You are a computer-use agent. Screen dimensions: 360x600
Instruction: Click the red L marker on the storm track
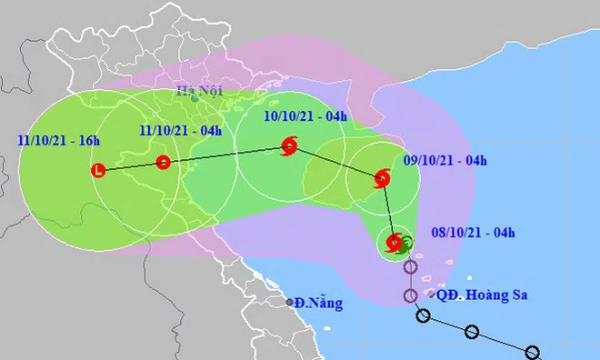98,170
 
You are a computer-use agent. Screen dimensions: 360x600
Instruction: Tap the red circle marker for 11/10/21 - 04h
163,163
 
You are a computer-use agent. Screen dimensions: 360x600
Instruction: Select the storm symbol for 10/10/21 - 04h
289,145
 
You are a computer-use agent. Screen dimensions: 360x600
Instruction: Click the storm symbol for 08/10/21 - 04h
395,243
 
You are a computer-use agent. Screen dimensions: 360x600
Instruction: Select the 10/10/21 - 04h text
304,116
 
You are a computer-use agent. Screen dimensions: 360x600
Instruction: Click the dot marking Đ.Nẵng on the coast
290,302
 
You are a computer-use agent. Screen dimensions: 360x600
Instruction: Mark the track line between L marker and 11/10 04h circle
130,166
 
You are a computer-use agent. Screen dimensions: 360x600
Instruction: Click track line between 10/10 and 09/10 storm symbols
335,161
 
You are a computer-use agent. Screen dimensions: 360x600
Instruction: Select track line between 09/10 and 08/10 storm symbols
388,210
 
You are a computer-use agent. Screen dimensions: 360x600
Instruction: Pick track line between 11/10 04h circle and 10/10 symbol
225,155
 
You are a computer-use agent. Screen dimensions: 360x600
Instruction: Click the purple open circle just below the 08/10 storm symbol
411,268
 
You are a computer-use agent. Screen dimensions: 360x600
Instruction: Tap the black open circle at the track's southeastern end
534,353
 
